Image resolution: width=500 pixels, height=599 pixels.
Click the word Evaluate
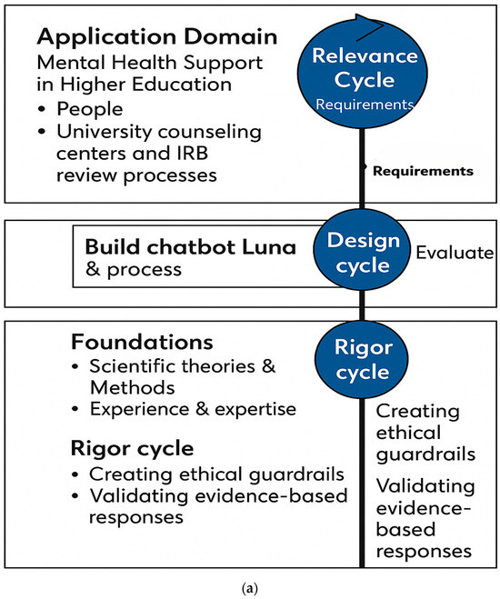click(454, 253)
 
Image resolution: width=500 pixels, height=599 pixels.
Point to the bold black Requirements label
click(422, 170)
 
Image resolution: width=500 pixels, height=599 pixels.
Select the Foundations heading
click(141, 343)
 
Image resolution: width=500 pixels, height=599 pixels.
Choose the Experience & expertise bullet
click(192, 410)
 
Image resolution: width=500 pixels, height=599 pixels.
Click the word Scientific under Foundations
click(131, 367)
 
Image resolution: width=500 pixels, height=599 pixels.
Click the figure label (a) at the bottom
click(249, 588)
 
